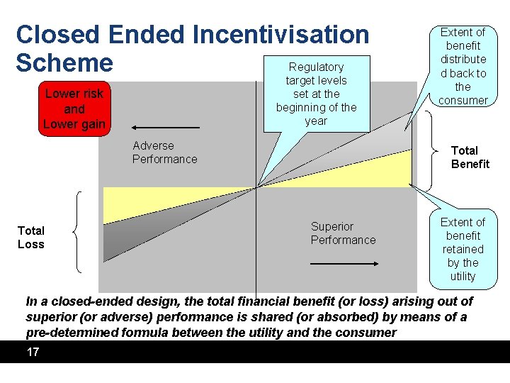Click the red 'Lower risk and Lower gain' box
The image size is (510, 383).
(x=74, y=109)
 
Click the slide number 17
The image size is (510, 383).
(x=33, y=352)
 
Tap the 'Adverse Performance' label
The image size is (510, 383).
(x=164, y=152)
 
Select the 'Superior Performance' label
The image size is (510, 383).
(x=343, y=233)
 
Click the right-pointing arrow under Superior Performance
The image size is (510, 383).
(x=344, y=263)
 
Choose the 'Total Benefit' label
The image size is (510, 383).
(x=470, y=157)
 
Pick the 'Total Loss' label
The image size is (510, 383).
(x=31, y=238)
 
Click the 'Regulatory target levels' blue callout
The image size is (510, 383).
(x=316, y=94)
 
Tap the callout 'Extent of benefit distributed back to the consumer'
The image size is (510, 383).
(x=463, y=66)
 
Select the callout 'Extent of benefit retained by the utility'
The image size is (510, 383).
(x=463, y=249)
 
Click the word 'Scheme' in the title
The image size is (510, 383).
(x=64, y=63)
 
